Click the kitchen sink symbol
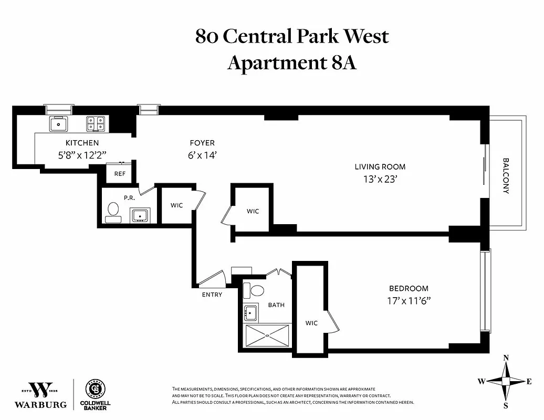pyautogui.click(x=58, y=124)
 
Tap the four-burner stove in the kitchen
pyautogui.click(x=96, y=124)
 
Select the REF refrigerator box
pyautogui.click(x=120, y=174)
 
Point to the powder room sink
pyautogui.click(x=140, y=215)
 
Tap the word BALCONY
pyautogui.click(x=506, y=176)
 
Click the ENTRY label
pyautogui.click(x=212, y=295)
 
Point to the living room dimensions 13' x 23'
pyautogui.click(x=380, y=178)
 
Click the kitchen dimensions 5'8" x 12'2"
pyautogui.click(x=82, y=155)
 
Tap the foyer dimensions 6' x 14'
pyautogui.click(x=202, y=155)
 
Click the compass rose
pyautogui.click(x=506, y=381)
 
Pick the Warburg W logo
pyautogui.click(x=40, y=390)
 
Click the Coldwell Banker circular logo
pyautogui.click(x=95, y=389)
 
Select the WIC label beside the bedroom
pyautogui.click(x=311, y=323)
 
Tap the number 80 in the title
pyautogui.click(x=207, y=37)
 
